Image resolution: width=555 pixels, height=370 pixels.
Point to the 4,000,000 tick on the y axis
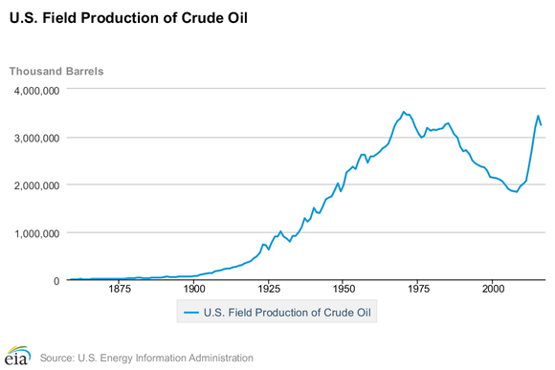point(34,91)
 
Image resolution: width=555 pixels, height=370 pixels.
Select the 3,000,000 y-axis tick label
point(34,139)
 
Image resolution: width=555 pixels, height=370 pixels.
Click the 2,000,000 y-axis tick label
point(34,185)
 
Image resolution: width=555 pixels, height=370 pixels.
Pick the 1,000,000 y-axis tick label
point(34,233)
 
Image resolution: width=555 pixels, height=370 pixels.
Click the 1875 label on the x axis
point(120,289)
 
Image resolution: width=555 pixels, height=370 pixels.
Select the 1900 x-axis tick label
point(194,289)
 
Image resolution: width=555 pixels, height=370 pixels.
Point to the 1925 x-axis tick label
point(268,289)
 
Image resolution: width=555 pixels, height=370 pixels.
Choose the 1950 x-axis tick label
point(343,289)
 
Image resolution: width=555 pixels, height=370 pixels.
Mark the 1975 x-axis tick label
point(417,289)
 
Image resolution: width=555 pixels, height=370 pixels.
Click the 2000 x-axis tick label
point(492,289)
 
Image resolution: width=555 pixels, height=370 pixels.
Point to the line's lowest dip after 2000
point(517,192)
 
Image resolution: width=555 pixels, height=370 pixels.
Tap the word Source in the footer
point(58,358)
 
